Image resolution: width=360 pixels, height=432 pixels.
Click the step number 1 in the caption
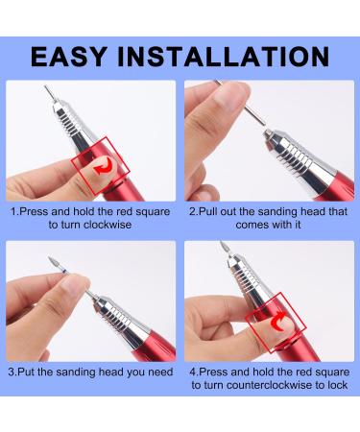[x=12, y=208]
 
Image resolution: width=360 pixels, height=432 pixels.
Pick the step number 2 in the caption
[x=193, y=208]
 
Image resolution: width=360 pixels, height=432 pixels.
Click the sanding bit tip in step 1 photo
[x=45, y=93]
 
